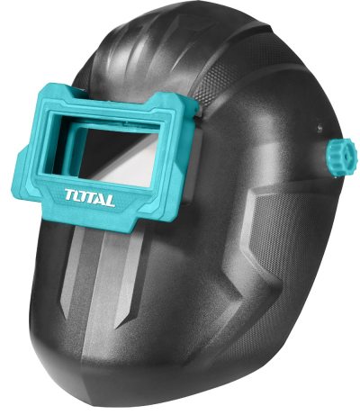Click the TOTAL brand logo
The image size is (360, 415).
[x=90, y=196]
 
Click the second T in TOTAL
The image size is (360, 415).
[x=91, y=196]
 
